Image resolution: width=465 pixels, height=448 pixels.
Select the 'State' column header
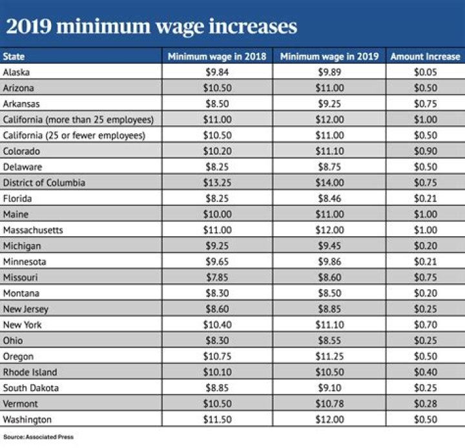(x=14, y=56)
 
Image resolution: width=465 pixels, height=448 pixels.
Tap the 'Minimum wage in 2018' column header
(x=217, y=56)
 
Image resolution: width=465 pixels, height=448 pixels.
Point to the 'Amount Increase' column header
(x=425, y=56)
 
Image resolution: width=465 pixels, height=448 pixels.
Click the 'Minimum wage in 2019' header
(x=329, y=56)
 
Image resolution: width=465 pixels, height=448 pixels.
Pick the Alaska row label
(x=17, y=72)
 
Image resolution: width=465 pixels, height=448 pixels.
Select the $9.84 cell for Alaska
(x=216, y=72)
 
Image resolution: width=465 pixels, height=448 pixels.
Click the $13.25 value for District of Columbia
(x=216, y=183)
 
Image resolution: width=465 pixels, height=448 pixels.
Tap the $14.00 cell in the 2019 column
(x=329, y=183)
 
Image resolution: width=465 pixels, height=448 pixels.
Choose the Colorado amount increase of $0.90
(x=425, y=151)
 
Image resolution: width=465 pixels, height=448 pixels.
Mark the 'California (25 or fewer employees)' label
(x=74, y=136)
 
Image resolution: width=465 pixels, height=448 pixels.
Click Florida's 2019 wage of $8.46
(x=329, y=199)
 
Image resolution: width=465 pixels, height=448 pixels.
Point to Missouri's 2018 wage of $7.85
(x=216, y=278)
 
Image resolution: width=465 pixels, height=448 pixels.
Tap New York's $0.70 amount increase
(x=425, y=325)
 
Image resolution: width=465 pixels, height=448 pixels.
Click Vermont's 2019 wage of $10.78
(x=329, y=404)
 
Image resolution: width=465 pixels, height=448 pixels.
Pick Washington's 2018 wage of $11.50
(x=216, y=420)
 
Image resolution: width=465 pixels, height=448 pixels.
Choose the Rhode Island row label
(x=30, y=372)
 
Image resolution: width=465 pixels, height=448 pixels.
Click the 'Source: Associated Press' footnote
(x=37, y=437)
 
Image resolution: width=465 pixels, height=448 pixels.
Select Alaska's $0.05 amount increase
(x=425, y=72)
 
